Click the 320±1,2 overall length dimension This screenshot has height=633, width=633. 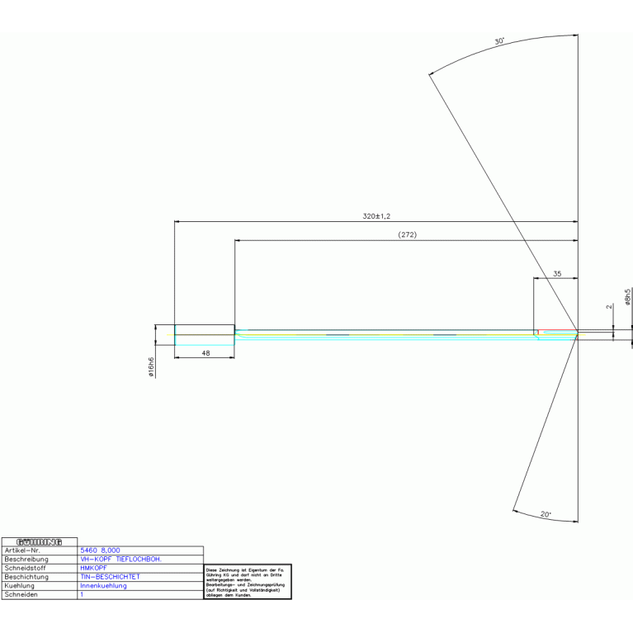click(376, 215)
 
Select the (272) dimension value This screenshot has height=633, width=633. click(407, 235)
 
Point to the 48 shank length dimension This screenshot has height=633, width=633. click(205, 352)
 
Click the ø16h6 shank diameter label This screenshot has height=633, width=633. click(152, 367)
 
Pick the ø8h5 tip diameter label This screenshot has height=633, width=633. click(628, 297)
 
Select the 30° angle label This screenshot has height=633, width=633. click(498, 40)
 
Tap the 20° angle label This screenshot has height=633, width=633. click(546, 514)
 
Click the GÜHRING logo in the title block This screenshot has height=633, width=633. click(40, 541)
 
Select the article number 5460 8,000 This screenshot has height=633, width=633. click(100, 550)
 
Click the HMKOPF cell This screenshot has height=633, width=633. click(93, 568)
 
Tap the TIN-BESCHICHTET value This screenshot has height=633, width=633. click(110, 577)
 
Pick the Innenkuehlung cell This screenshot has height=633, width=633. click(103, 586)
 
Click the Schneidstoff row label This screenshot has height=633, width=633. click(26, 568)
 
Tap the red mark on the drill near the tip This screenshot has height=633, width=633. click(538, 333)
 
